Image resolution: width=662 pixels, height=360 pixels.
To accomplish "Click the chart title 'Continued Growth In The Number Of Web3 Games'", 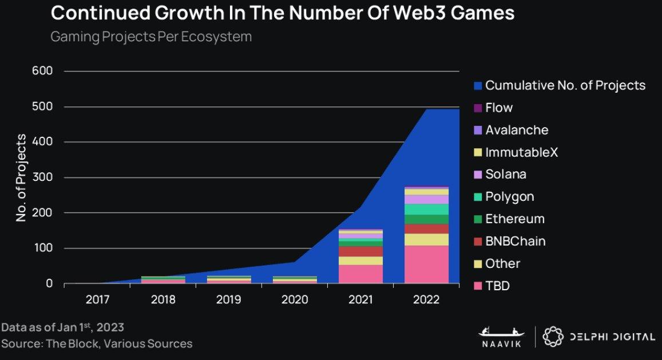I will (282, 14).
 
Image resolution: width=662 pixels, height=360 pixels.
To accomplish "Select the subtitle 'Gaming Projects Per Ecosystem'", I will (151, 37).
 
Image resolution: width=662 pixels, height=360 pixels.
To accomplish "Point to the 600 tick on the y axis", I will (45, 71).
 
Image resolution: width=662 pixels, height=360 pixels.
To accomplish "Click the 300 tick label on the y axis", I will (45, 177).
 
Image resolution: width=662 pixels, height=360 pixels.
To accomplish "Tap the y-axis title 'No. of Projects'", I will (22, 177).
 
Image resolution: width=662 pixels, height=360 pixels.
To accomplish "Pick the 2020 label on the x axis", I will (295, 299).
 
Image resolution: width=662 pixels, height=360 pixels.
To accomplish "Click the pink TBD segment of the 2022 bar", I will (426, 264).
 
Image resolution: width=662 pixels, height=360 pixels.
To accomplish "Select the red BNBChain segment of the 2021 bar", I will (360, 251).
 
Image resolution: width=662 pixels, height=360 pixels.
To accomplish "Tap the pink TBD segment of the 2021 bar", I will (360, 274).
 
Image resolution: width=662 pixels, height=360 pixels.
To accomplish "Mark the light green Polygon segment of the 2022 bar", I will (426, 209).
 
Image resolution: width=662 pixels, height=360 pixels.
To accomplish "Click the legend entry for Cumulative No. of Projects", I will (559, 86).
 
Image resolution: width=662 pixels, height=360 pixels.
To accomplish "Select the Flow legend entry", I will (493, 108).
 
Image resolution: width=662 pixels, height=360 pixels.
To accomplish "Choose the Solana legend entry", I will (500, 175).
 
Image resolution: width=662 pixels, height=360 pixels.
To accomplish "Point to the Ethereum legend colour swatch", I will (478, 219).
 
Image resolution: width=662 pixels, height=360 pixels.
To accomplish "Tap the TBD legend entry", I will (491, 286).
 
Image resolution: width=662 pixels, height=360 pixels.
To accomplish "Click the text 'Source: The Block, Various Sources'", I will (97, 343).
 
